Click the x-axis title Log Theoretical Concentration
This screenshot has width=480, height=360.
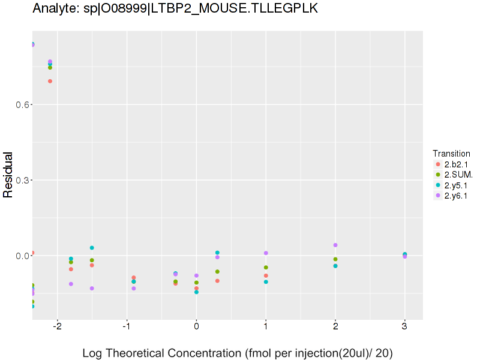point(238,353)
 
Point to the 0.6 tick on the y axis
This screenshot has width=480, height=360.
point(19,104)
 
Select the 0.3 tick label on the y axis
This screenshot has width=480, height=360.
point(19,180)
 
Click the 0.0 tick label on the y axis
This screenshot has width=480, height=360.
point(19,256)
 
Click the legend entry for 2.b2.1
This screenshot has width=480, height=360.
point(455,164)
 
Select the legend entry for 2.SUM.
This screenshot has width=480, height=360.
point(458,175)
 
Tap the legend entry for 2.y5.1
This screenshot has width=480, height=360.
point(455,185)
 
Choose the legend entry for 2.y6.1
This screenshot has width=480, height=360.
point(455,196)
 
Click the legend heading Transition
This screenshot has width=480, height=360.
point(451,154)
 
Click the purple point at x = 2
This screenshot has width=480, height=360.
point(335,245)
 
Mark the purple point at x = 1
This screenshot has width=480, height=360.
point(266,253)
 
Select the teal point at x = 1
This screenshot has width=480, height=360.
point(266,281)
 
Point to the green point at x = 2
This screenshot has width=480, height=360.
point(335,259)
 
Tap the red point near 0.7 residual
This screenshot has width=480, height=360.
point(50,81)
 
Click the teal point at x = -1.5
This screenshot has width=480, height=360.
point(92,248)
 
